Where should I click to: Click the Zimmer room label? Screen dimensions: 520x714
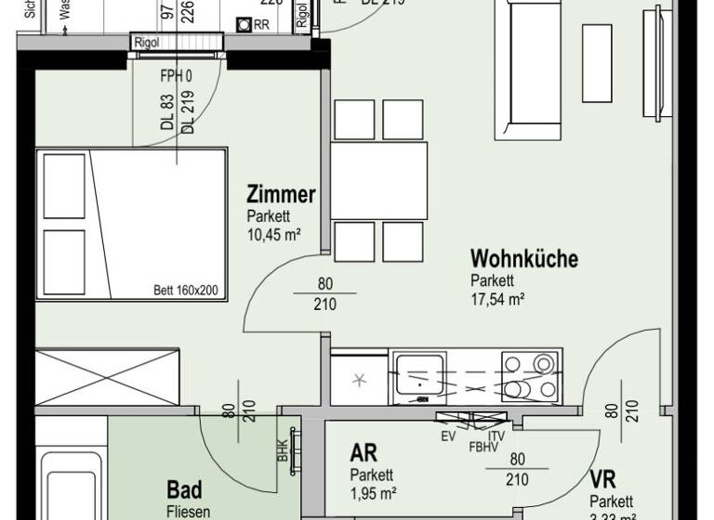click(x=281, y=196)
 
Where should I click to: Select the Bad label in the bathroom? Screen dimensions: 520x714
click(x=184, y=489)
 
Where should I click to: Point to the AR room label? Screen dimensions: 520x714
click(x=363, y=454)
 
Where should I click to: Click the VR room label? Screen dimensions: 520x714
click(x=603, y=479)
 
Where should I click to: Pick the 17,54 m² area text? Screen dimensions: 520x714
click(x=498, y=299)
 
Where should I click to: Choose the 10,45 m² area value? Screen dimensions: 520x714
click(x=273, y=234)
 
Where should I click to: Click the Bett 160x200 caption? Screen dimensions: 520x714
click(x=186, y=291)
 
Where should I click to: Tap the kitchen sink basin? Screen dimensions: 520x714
click(x=423, y=375)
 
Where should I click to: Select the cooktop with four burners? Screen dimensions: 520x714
click(x=530, y=374)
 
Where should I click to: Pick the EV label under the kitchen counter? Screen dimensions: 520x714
click(x=448, y=436)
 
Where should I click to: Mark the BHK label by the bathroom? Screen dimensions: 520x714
click(x=282, y=450)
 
